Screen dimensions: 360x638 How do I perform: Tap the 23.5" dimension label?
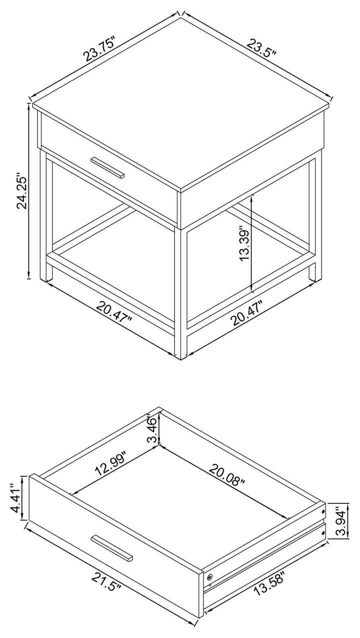[261, 48]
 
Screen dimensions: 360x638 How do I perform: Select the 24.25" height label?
[21, 191]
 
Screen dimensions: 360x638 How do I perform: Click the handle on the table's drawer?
[107, 168]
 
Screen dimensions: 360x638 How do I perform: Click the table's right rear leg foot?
[312, 275]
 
